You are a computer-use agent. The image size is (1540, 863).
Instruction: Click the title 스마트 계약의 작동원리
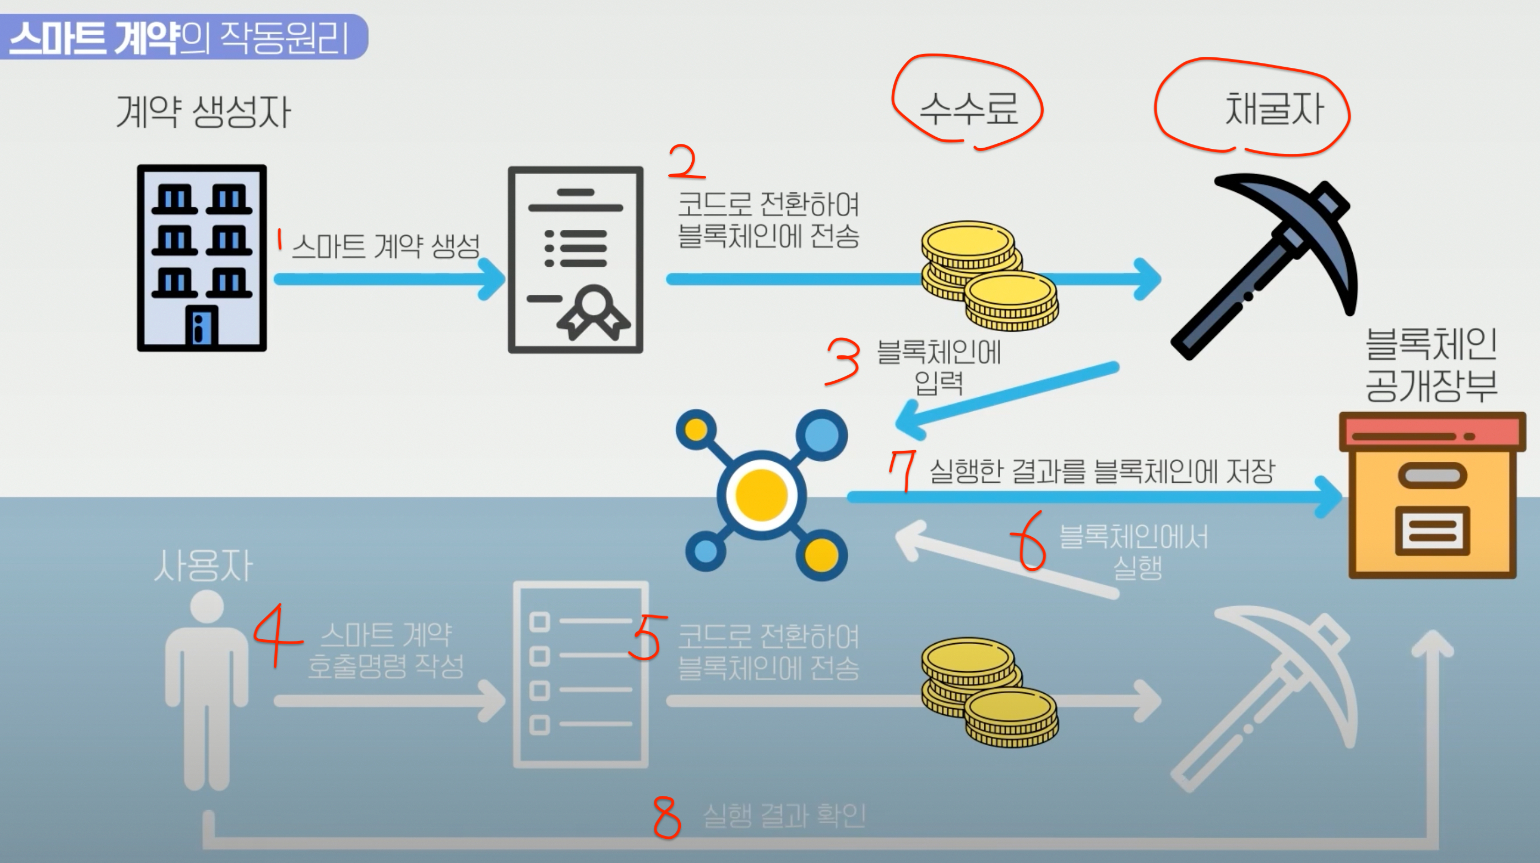[180, 37]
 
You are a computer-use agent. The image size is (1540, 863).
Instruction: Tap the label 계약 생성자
[203, 111]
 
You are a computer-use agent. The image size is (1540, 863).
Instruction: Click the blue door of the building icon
[202, 326]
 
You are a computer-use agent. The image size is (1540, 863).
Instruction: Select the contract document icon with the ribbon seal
[575, 260]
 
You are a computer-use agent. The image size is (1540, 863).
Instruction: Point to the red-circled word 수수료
[968, 109]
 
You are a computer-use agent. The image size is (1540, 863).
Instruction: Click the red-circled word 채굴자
[1273, 109]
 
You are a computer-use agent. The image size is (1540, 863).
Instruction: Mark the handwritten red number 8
[666, 816]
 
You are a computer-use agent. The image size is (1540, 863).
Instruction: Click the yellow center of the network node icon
[761, 495]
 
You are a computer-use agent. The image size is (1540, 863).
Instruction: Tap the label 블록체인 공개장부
[1431, 365]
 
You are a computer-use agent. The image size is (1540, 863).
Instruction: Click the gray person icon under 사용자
[206, 688]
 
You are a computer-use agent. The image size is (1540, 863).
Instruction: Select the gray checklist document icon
[580, 674]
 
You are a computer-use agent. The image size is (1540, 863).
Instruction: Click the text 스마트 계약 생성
[386, 246]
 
